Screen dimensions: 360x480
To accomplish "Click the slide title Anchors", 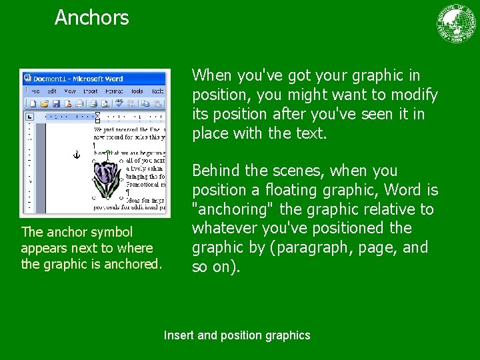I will point(91,17).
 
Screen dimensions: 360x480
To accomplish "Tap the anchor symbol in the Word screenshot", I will point(76,155).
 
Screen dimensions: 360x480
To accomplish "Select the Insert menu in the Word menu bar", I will point(91,91).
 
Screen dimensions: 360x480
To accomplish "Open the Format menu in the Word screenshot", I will point(114,91).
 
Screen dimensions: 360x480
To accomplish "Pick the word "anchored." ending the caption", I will point(133,264).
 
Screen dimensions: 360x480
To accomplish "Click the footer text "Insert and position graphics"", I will point(237,335).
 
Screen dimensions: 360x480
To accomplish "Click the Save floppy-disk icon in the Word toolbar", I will point(56,103).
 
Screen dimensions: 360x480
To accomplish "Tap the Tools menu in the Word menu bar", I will point(137,91).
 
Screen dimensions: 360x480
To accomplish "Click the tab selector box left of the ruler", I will point(29,117).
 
